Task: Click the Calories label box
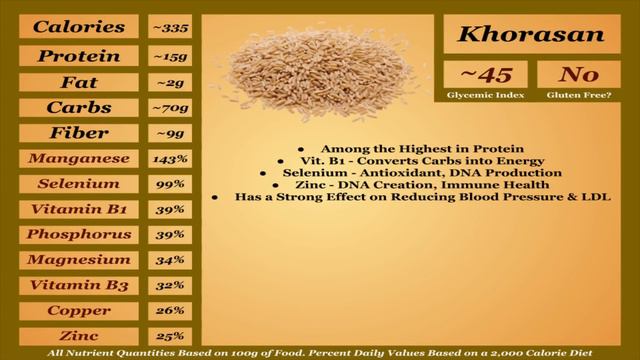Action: point(79,28)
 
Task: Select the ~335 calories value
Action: point(169,28)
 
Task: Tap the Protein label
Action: point(79,56)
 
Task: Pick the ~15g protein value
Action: point(169,56)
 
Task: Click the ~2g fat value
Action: point(169,82)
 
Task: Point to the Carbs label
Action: point(79,107)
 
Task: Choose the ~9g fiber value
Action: point(169,133)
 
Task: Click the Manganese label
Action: point(79,158)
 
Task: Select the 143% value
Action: point(169,158)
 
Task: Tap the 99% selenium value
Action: point(169,184)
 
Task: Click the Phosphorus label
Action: point(79,234)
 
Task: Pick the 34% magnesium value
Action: point(169,260)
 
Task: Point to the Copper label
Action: point(79,310)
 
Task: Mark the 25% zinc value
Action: point(169,336)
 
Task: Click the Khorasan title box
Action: point(531,35)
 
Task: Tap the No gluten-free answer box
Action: point(578,75)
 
